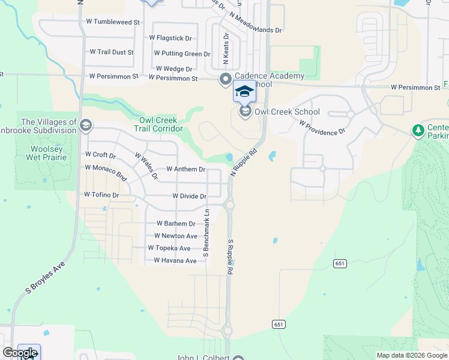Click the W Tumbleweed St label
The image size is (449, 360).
click(x=113, y=22)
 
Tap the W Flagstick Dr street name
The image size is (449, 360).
click(x=170, y=38)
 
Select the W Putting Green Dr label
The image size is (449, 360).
click(x=182, y=53)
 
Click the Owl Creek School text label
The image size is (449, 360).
click(x=287, y=112)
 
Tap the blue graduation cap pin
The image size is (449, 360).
click(x=244, y=91)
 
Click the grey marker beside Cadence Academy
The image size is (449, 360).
click(x=226, y=79)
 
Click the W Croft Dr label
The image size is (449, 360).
click(x=100, y=155)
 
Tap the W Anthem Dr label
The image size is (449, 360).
click(x=185, y=169)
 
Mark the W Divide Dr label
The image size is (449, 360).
click(x=189, y=196)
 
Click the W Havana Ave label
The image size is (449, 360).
click(x=175, y=261)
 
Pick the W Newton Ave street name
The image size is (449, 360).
click(x=175, y=236)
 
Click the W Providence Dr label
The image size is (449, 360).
click(x=322, y=127)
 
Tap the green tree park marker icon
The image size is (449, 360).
click(x=418, y=130)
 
